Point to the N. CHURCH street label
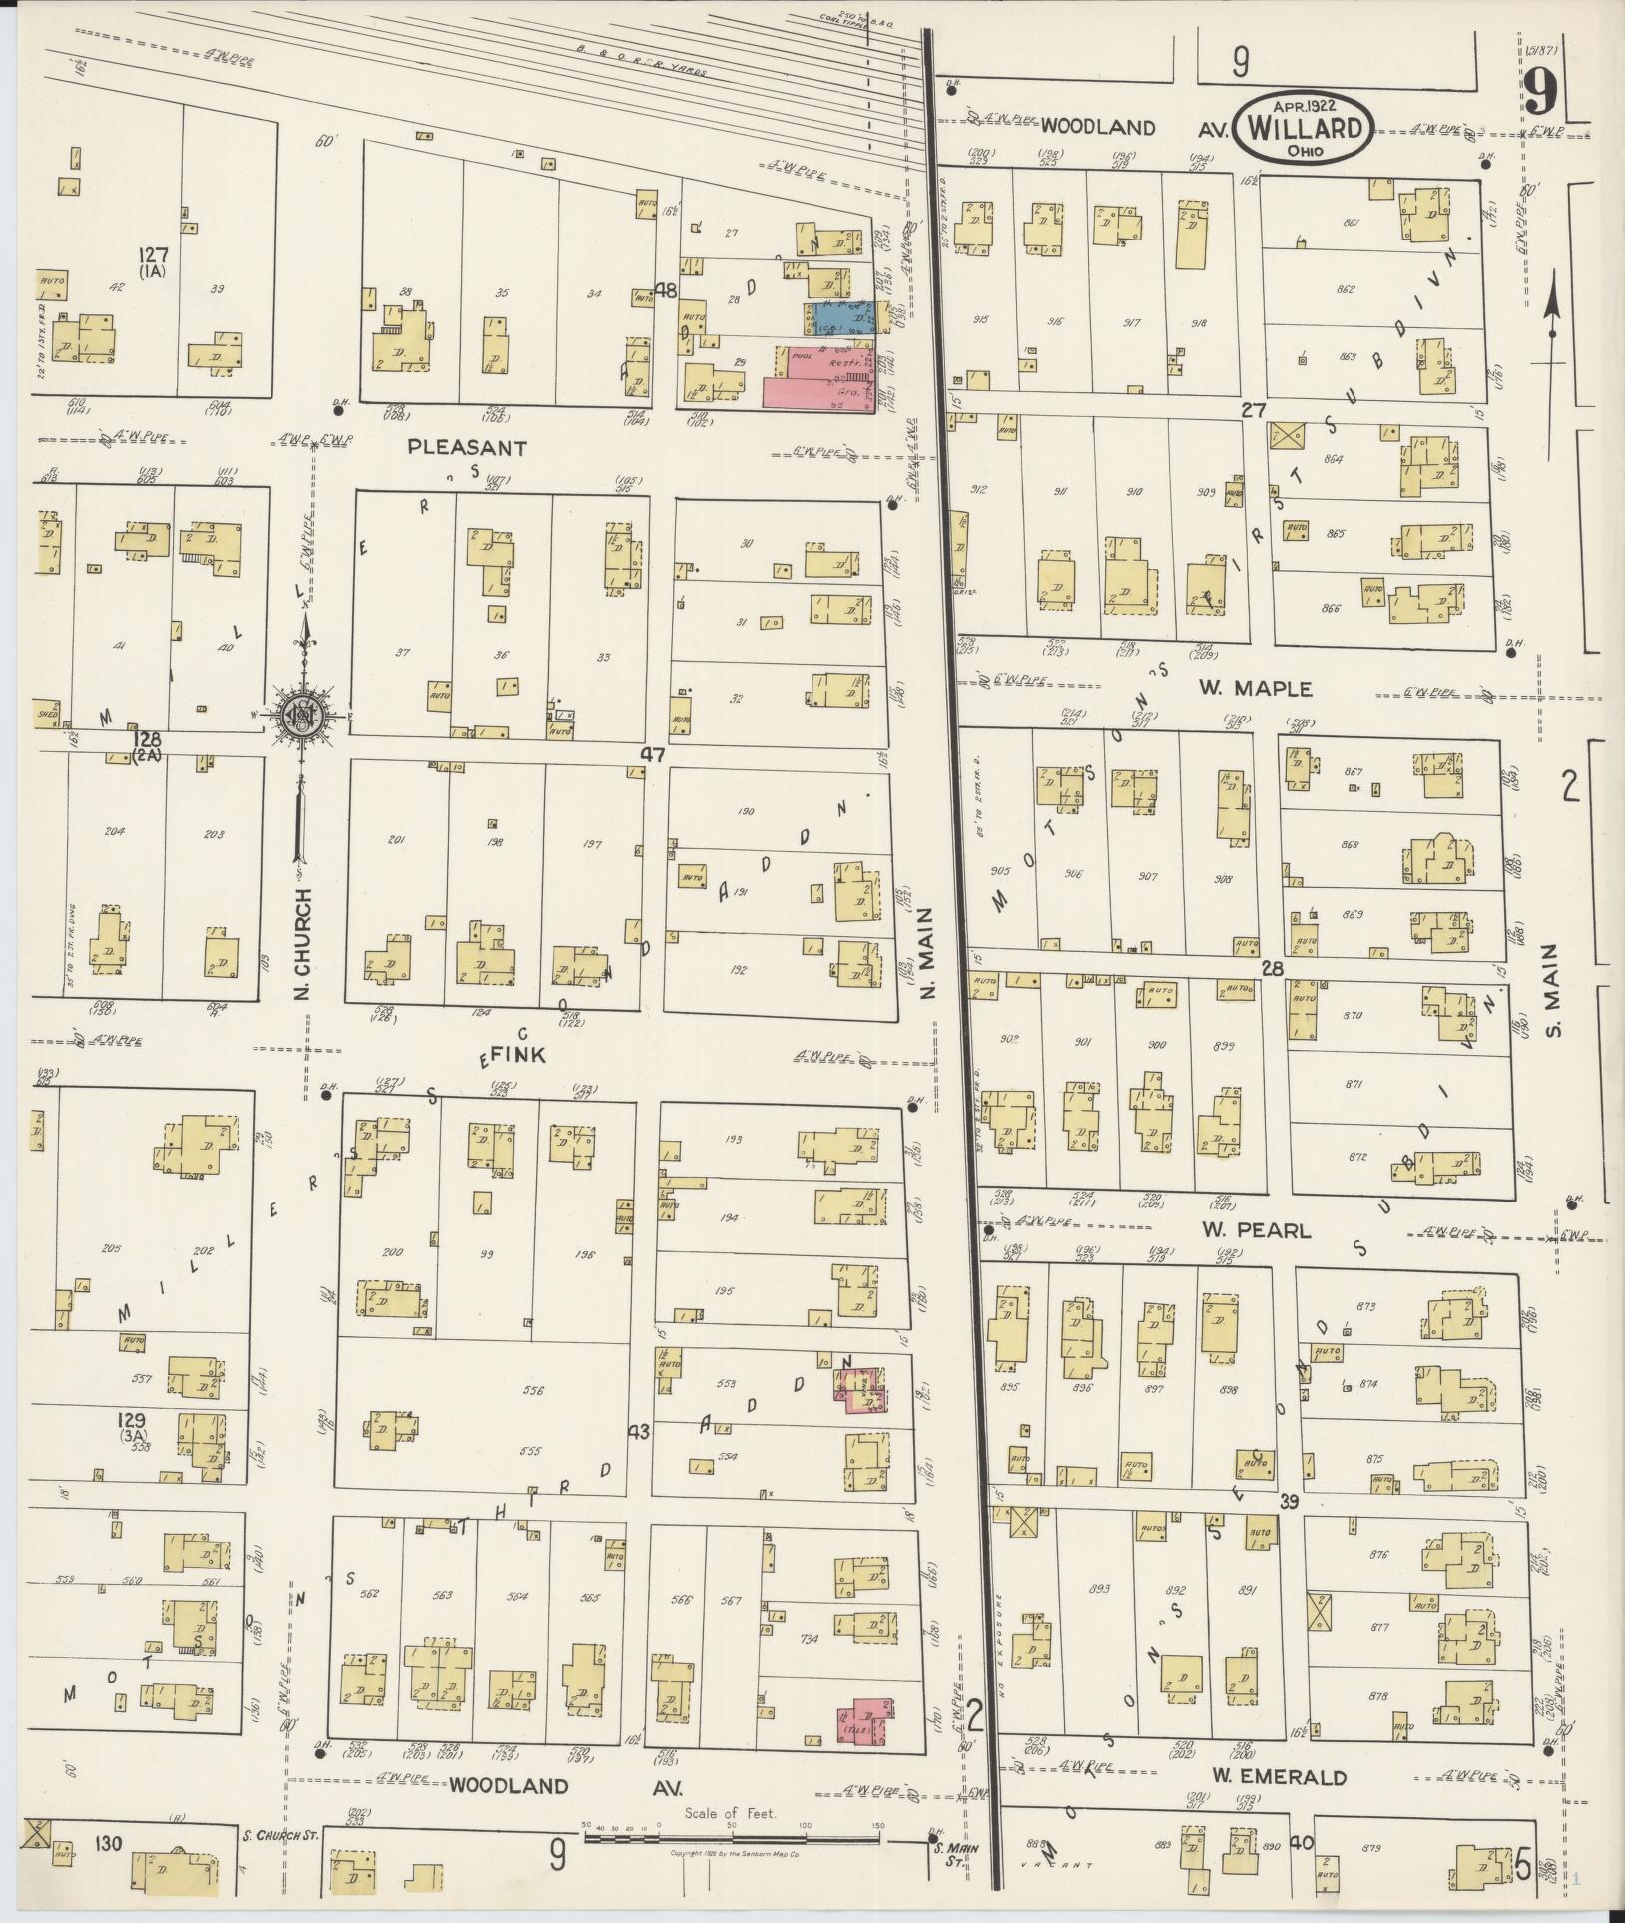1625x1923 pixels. (x=305, y=944)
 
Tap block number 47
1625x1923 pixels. (x=652, y=755)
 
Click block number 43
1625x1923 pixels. (x=639, y=1431)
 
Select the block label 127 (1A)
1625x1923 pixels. (x=154, y=262)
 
